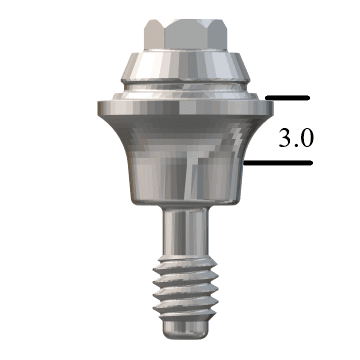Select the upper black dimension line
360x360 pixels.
(x=290, y=99)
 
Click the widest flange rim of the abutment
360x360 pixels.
(x=180, y=107)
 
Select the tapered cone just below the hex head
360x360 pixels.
(x=180, y=64)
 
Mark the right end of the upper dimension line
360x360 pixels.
(x=313, y=99)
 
